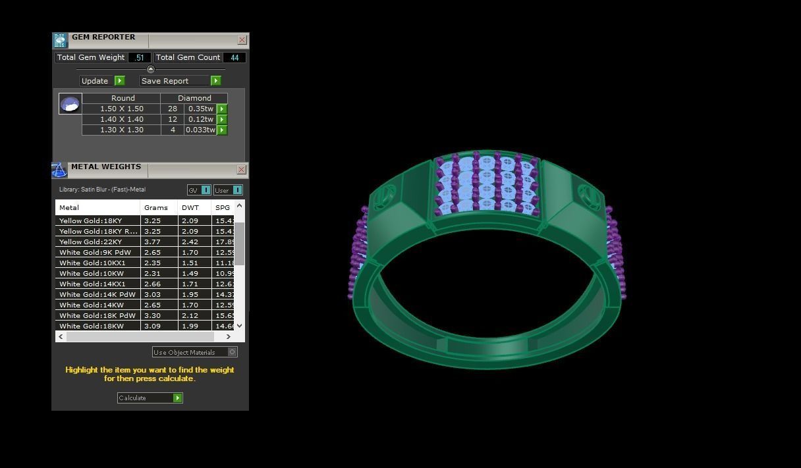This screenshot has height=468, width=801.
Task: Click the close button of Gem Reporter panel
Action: [x=242, y=40]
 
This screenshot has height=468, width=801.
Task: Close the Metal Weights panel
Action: [x=241, y=170]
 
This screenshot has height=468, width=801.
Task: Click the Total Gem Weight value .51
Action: [x=140, y=58]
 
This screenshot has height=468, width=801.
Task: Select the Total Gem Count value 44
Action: [x=234, y=58]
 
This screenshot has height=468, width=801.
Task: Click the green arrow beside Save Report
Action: [x=215, y=81]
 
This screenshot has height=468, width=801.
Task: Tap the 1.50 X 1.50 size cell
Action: [x=122, y=109]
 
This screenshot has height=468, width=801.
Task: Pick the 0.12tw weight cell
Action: [x=200, y=119]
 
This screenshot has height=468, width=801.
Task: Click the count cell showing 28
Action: [x=173, y=109]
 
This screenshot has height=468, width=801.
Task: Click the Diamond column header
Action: [x=194, y=98]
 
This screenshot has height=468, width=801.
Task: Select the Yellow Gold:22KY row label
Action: [x=91, y=242]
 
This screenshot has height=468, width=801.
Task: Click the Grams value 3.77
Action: [x=153, y=242]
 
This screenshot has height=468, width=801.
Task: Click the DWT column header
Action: [x=190, y=207]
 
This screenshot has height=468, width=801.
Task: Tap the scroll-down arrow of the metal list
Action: [x=239, y=325]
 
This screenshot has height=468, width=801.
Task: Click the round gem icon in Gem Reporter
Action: [x=70, y=104]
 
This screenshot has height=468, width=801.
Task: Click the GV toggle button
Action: [x=199, y=190]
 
